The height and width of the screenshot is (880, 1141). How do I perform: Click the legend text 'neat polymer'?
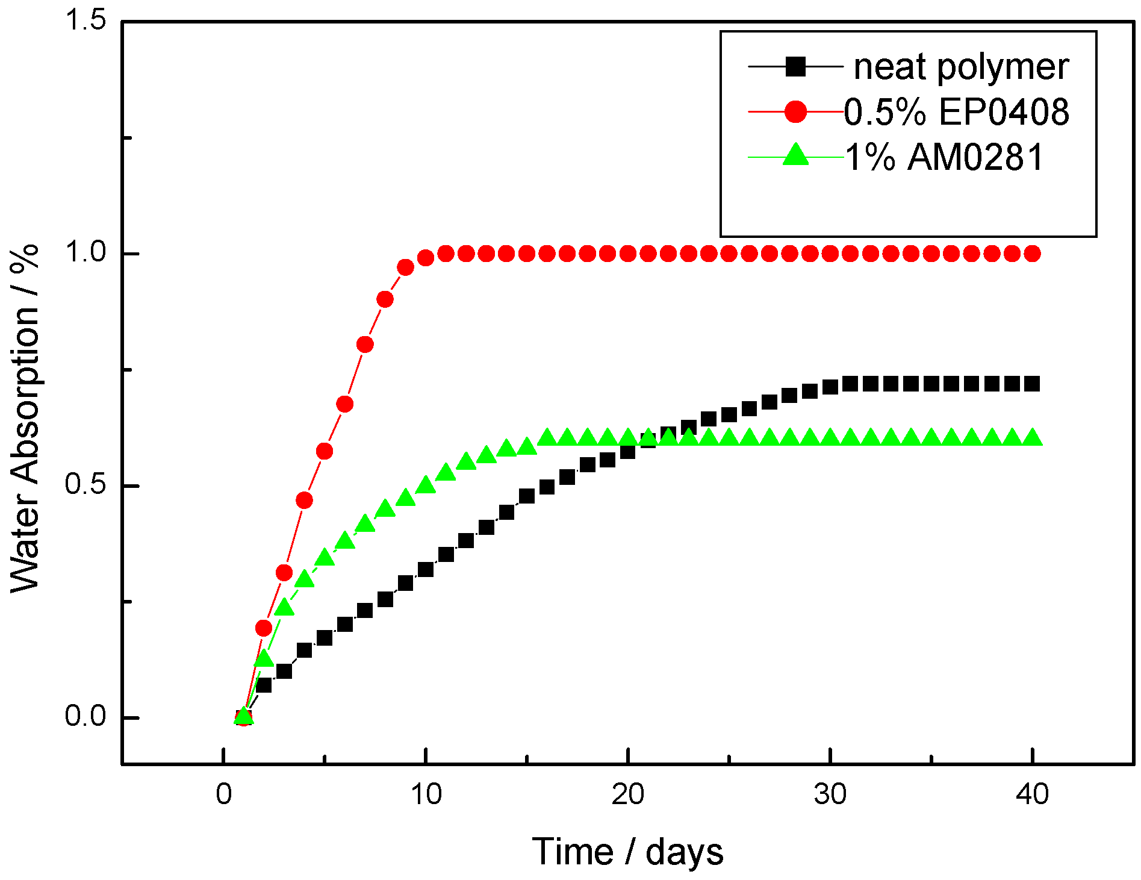(x=961, y=67)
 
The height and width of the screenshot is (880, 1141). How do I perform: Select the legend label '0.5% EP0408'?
(x=956, y=112)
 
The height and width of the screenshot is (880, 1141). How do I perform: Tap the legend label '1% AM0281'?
(x=944, y=157)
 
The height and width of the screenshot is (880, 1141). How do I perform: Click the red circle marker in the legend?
(x=795, y=112)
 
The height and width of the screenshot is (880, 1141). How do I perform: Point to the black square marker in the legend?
(x=795, y=66)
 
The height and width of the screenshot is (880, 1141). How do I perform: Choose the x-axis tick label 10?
(x=426, y=795)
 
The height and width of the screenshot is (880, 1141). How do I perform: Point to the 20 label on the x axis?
(x=628, y=795)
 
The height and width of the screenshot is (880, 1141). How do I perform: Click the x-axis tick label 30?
(x=830, y=795)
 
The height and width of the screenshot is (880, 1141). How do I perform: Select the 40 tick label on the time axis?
(x=1032, y=795)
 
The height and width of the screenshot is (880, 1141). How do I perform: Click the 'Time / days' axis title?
(x=627, y=852)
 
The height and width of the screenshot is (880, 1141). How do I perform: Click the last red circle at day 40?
(x=1032, y=254)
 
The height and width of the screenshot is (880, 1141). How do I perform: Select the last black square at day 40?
(x=1032, y=384)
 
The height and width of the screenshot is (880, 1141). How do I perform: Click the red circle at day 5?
(x=325, y=451)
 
